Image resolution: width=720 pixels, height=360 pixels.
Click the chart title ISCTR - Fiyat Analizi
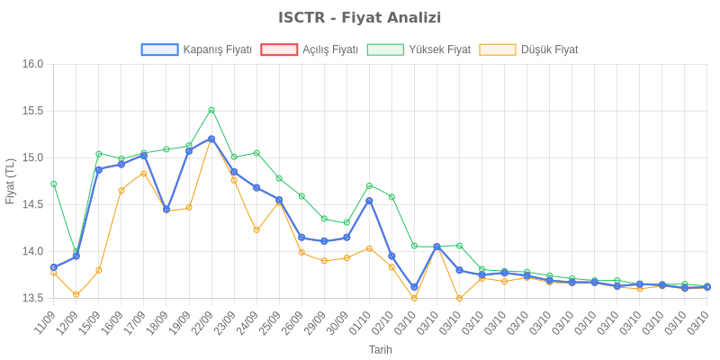coord(360,18)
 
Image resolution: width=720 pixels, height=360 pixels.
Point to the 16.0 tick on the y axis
coord(33,64)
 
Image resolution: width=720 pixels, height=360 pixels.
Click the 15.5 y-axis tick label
coord(33,111)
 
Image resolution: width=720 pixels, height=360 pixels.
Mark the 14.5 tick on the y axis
coord(33,204)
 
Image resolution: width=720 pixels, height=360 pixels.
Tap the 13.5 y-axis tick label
coord(33,298)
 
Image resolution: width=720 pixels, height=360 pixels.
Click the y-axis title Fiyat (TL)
coord(10,181)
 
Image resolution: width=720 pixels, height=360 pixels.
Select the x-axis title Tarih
coord(380,349)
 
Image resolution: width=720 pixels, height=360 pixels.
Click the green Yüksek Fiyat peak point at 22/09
coord(211,110)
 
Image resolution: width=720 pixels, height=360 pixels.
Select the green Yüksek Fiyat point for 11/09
coord(54,184)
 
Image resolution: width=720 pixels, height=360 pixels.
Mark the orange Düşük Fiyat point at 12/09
coord(76,294)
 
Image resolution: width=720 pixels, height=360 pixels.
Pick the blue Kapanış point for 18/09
coord(166,209)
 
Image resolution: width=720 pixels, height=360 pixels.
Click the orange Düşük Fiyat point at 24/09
coord(256,229)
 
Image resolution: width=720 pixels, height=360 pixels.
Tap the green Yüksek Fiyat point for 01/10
coord(369,185)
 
